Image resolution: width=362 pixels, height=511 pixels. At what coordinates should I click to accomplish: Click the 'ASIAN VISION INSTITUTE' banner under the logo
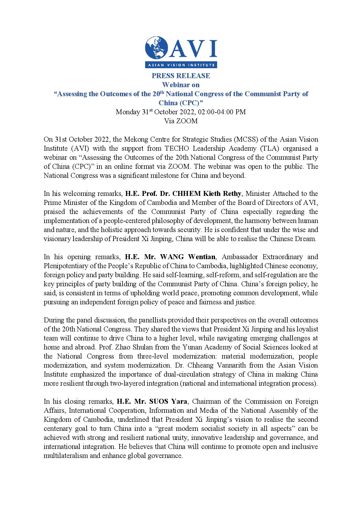(181, 65)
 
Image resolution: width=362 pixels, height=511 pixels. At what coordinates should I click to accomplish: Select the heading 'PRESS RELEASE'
(181, 76)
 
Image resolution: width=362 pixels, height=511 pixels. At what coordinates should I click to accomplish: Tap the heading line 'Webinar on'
(181, 85)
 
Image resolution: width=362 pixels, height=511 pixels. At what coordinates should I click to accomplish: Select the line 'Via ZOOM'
(181, 121)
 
